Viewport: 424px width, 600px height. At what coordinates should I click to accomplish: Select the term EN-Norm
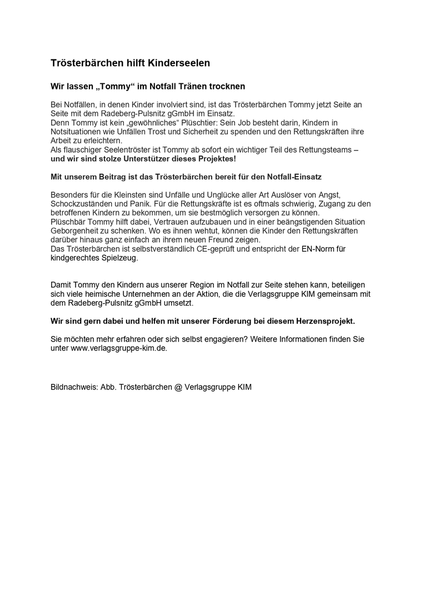tap(318, 248)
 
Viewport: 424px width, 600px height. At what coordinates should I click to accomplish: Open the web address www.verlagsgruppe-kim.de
tap(119, 348)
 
